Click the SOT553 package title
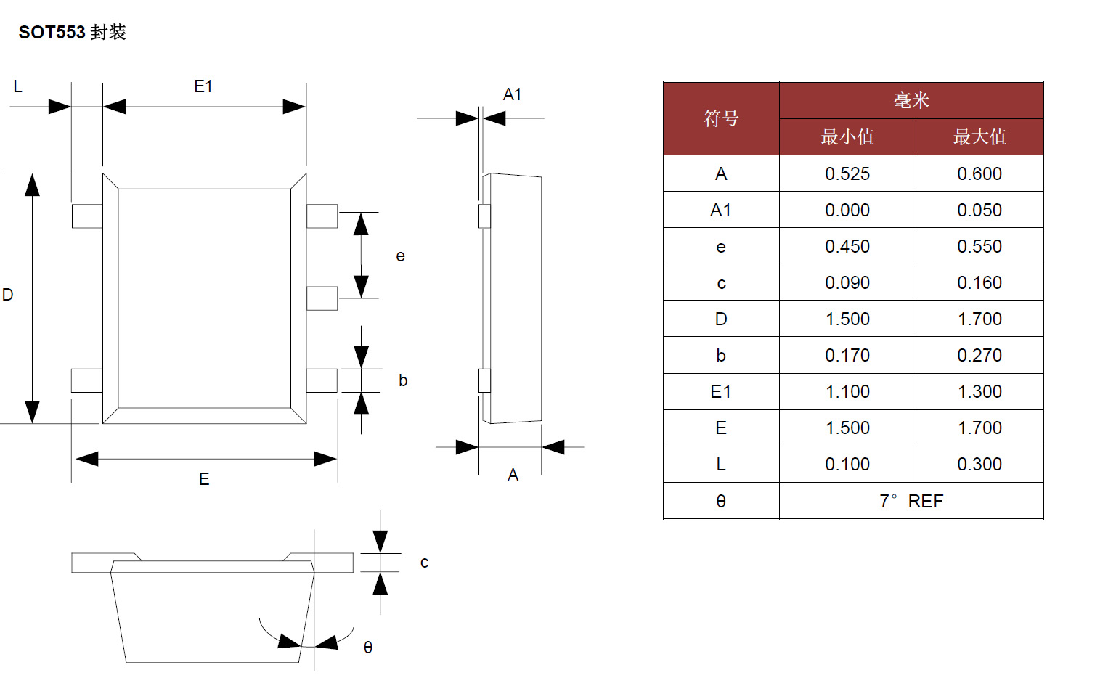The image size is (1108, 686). pyautogui.click(x=72, y=32)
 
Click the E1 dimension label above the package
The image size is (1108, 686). pyautogui.click(x=203, y=87)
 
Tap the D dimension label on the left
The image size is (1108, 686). pyautogui.click(x=8, y=295)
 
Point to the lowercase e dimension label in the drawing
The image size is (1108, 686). pyautogui.click(x=400, y=256)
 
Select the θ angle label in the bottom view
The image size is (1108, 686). pyautogui.click(x=368, y=648)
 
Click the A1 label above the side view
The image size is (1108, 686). pyautogui.click(x=512, y=95)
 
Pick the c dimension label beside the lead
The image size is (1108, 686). pyautogui.click(x=424, y=563)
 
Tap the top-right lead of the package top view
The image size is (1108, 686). pyautogui.click(x=322, y=216)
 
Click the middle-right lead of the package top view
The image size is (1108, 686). pyautogui.click(x=322, y=298)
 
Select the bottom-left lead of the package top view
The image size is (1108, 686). pyautogui.click(x=86, y=380)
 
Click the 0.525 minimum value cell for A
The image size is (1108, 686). pyautogui.click(x=847, y=174)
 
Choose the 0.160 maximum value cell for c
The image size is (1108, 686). pyautogui.click(x=979, y=283)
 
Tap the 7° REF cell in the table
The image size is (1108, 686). pyautogui.click(x=911, y=502)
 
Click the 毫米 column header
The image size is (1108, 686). pyautogui.click(x=911, y=100)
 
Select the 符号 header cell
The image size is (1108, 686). pyautogui.click(x=720, y=118)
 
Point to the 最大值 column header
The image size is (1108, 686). pyautogui.click(x=979, y=137)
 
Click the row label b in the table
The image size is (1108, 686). pyautogui.click(x=720, y=356)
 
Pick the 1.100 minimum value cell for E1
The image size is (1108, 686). pyautogui.click(x=847, y=392)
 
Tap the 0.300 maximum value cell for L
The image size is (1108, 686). pyautogui.click(x=979, y=465)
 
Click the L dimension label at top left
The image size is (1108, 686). pyautogui.click(x=18, y=87)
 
